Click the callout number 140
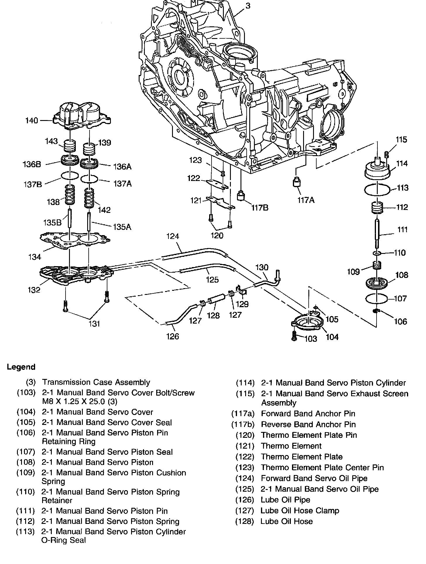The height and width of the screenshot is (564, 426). click(x=32, y=120)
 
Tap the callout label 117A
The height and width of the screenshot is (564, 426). click(x=306, y=200)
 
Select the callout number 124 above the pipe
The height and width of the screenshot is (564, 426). click(x=173, y=236)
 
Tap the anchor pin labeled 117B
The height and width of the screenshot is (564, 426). click(x=241, y=195)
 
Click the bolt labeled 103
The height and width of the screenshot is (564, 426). click(x=294, y=336)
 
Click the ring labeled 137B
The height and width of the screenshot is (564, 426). click(x=70, y=176)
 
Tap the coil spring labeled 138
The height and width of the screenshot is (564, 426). click(x=69, y=195)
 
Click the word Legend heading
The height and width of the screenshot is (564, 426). click(x=21, y=367)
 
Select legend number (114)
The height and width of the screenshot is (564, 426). click(x=245, y=383)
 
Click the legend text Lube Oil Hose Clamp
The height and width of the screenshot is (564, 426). click(x=300, y=511)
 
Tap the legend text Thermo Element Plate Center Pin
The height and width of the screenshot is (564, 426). click(x=322, y=468)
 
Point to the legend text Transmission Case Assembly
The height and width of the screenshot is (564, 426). click(x=96, y=382)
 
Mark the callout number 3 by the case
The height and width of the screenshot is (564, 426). click(x=248, y=6)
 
